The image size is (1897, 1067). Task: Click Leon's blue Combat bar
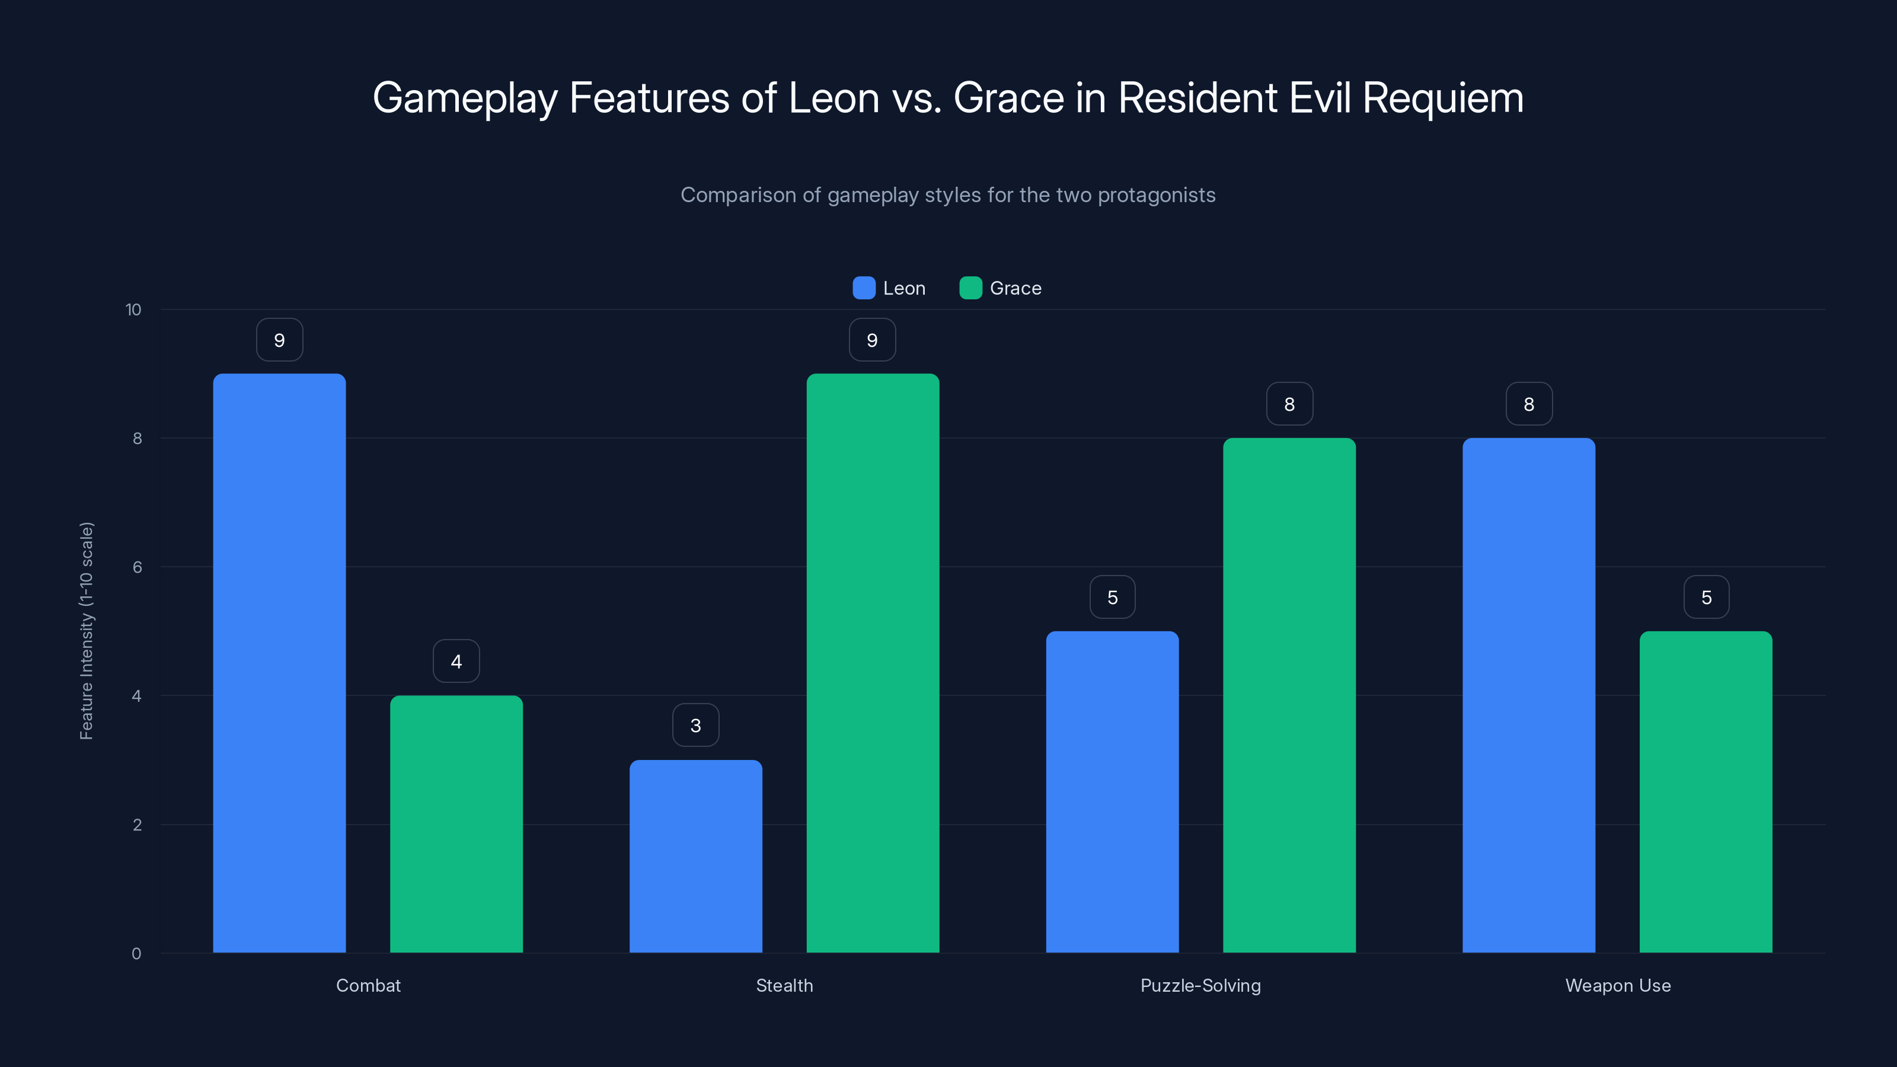tap(279, 663)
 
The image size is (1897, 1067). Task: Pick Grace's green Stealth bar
tap(872, 663)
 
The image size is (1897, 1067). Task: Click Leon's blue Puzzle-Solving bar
tap(1112, 791)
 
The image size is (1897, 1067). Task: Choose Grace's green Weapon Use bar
tap(1706, 791)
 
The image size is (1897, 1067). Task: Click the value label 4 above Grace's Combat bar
tap(456, 662)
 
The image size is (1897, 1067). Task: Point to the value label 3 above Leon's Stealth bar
tap(695, 726)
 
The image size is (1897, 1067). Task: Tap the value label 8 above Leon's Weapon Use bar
tap(1529, 404)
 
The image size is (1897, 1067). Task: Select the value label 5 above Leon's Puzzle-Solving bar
tap(1112, 597)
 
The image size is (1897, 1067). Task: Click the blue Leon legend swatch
tap(863, 288)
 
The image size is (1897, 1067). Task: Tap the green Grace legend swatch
tap(970, 288)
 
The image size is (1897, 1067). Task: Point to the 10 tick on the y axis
tap(133, 309)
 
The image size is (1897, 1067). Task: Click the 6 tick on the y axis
tap(137, 567)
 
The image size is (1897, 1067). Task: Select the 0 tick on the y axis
tap(136, 954)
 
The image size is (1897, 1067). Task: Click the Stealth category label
tap(784, 985)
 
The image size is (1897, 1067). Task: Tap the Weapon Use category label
tap(1617, 985)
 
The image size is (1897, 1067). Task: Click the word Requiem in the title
tap(1442, 98)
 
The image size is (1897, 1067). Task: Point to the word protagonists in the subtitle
tap(1156, 195)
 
